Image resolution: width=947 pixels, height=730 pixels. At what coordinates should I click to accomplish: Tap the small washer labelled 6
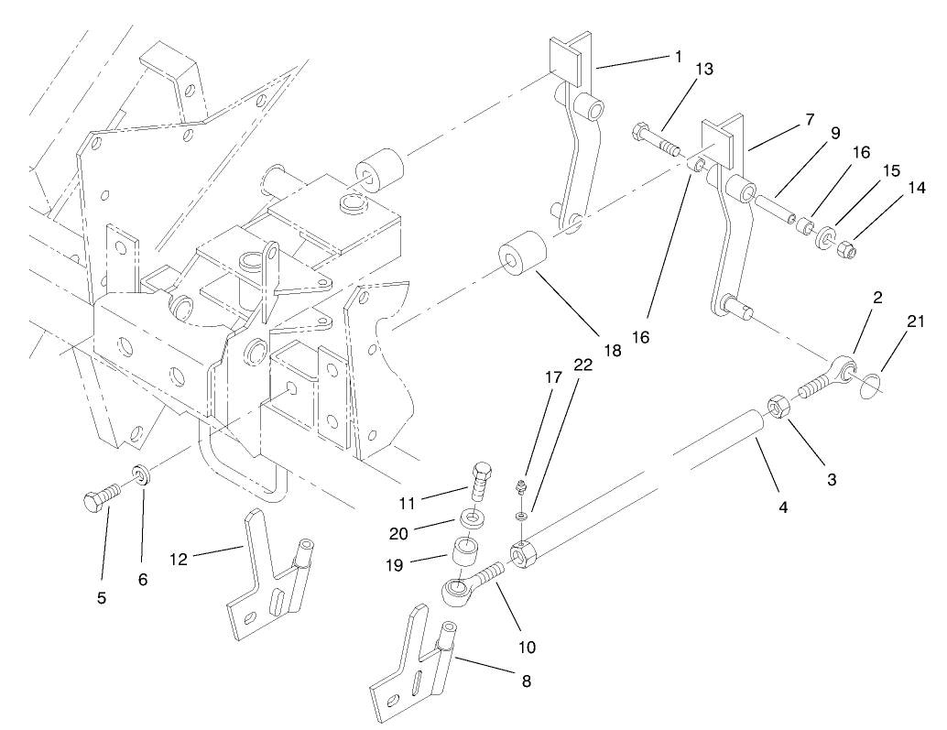coord(142,477)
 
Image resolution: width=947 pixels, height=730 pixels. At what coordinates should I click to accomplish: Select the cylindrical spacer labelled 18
coord(521,253)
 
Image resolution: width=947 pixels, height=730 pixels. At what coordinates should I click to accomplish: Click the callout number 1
coord(679,57)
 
